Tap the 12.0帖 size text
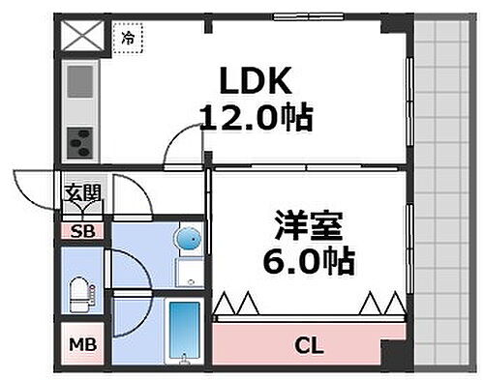click(x=255, y=119)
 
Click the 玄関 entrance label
click(x=82, y=192)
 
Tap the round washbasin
click(x=188, y=238)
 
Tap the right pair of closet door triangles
click(x=379, y=305)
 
